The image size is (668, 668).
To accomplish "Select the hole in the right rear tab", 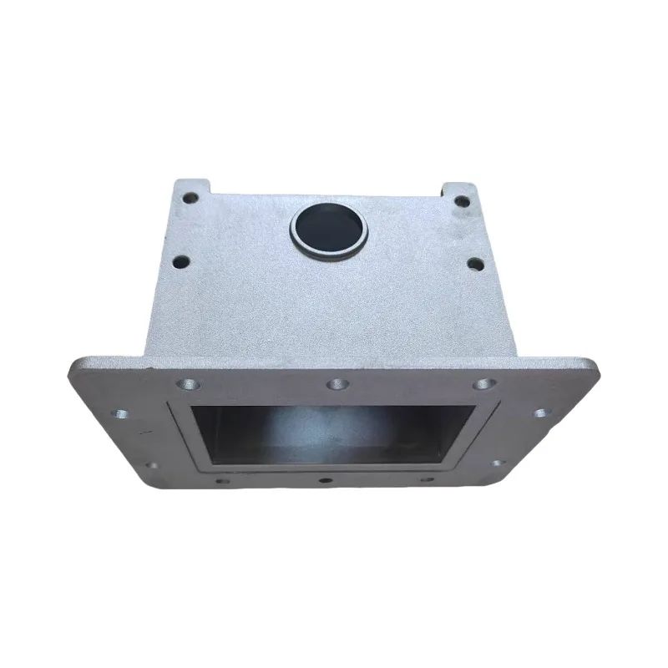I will [458, 200].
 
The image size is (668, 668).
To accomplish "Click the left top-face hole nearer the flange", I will [179, 261].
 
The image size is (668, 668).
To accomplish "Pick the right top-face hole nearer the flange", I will [474, 265].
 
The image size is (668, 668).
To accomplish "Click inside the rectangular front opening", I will [326, 434].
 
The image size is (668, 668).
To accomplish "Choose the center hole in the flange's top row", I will [336, 384].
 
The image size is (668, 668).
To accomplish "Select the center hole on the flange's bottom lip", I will [323, 482].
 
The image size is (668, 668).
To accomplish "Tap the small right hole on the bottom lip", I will [426, 480].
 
